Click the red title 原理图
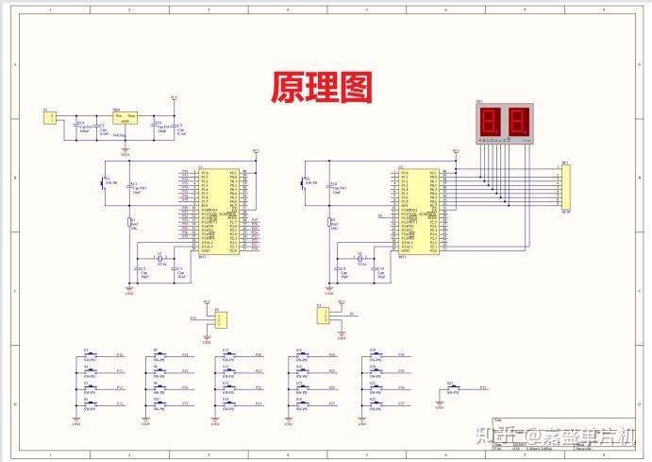322,87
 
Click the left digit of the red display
491,121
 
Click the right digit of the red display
518,121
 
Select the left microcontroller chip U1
215,212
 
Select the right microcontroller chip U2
417,212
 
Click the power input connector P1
50,117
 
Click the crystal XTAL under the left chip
160,258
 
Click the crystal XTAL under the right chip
360,258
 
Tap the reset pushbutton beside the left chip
105,181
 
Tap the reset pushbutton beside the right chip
305,181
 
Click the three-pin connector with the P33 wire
220,319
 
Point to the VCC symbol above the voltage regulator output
173,97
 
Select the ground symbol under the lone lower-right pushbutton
439,402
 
